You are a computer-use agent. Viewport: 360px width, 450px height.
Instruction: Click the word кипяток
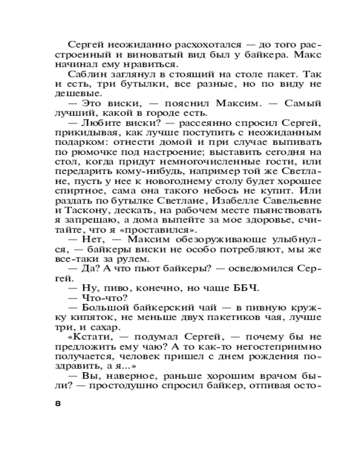pos(85,317)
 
